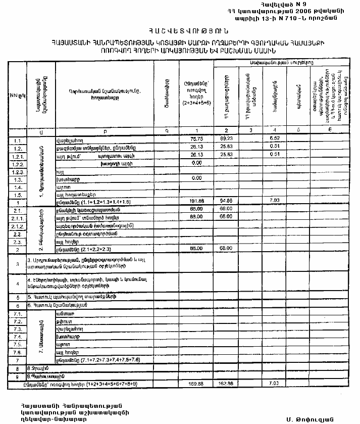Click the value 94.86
pyautogui.click(x=225, y=201)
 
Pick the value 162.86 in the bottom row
pyautogui.click(x=225, y=384)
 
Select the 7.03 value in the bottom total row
pyautogui.click(x=275, y=384)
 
